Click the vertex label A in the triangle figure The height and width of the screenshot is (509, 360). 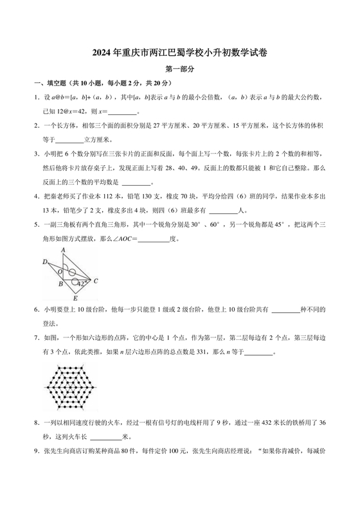point(63,250)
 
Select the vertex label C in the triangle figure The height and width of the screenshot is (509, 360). point(96,281)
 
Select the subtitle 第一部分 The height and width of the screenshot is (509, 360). point(180,70)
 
